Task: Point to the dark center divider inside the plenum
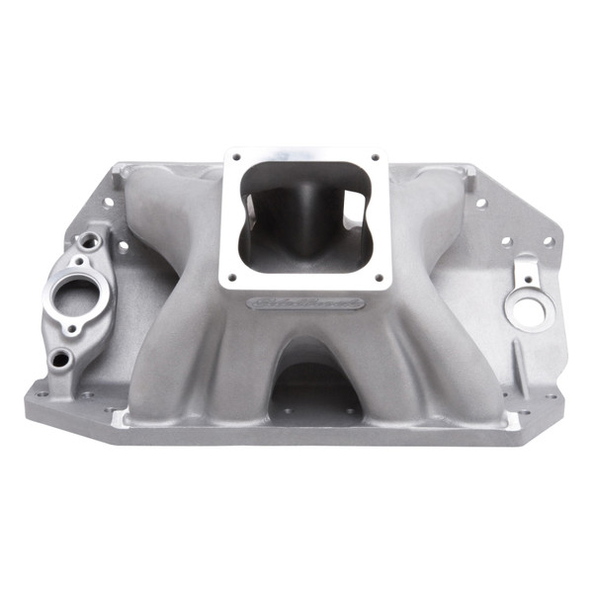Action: point(296,212)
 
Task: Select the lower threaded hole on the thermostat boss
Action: point(61,358)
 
